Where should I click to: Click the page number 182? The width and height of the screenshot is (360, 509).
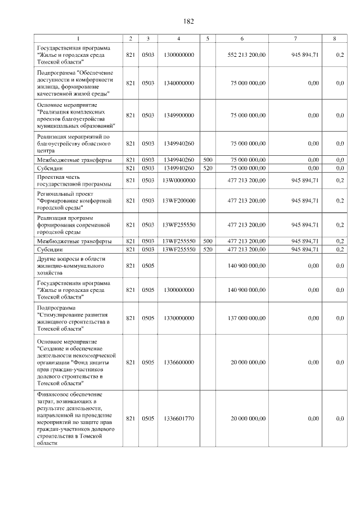click(188, 21)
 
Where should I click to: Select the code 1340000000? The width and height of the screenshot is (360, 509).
click(178, 83)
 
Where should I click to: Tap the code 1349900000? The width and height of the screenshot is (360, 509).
click(178, 115)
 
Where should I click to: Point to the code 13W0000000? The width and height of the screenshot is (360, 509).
click(178, 180)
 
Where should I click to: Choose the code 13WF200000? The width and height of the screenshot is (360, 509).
click(178, 200)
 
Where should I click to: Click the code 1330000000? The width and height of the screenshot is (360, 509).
click(178, 318)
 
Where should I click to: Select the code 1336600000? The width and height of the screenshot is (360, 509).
click(178, 363)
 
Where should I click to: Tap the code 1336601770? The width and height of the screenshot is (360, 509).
click(178, 418)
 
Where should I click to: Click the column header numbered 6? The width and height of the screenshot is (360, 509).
click(242, 38)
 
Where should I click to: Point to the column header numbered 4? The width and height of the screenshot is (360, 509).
click(178, 38)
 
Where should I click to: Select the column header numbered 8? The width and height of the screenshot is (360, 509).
click(335, 38)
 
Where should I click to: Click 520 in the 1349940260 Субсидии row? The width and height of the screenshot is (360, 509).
click(208, 168)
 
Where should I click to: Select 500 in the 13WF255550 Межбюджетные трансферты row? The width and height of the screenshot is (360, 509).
click(208, 241)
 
